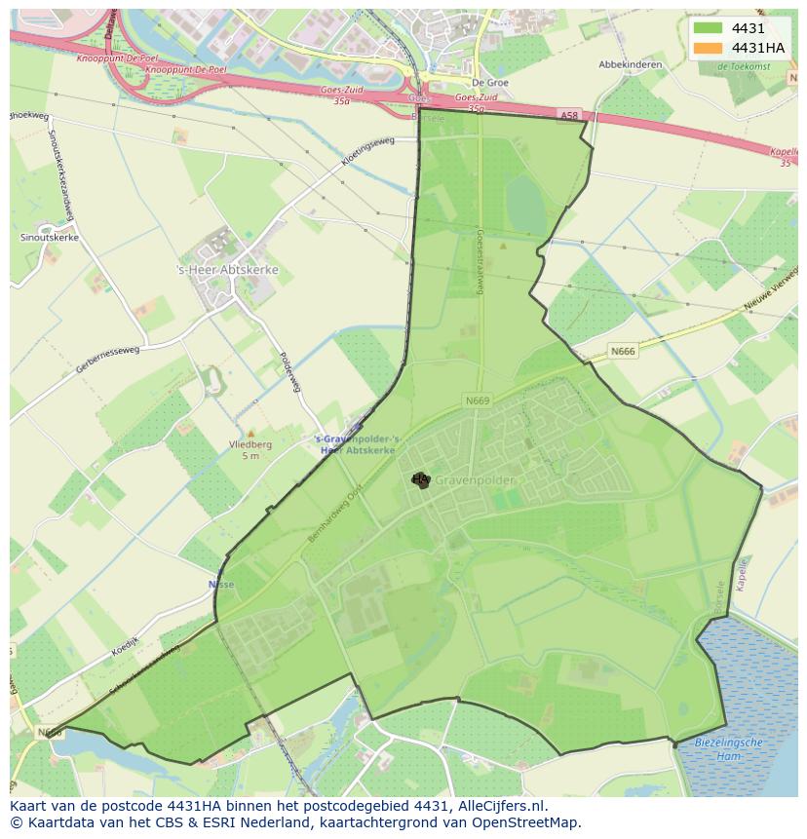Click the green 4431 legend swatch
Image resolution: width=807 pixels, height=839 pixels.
pos(708,28)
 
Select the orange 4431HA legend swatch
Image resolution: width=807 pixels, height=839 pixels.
pos(708,48)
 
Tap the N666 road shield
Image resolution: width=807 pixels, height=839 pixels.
pos(624,351)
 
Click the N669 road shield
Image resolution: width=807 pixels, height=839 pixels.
pos(477,400)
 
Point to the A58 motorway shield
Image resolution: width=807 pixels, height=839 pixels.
pos(569,115)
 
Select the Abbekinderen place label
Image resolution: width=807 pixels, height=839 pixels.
pos(631,65)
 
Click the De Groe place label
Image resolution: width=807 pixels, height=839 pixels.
pos(490,83)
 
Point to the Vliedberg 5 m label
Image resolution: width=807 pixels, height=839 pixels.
pos(250,450)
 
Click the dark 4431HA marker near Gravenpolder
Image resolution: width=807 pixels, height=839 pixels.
pos(420,479)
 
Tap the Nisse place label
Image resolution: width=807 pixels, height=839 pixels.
pos(221,585)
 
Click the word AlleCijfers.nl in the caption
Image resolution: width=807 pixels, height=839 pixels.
pos(497,807)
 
